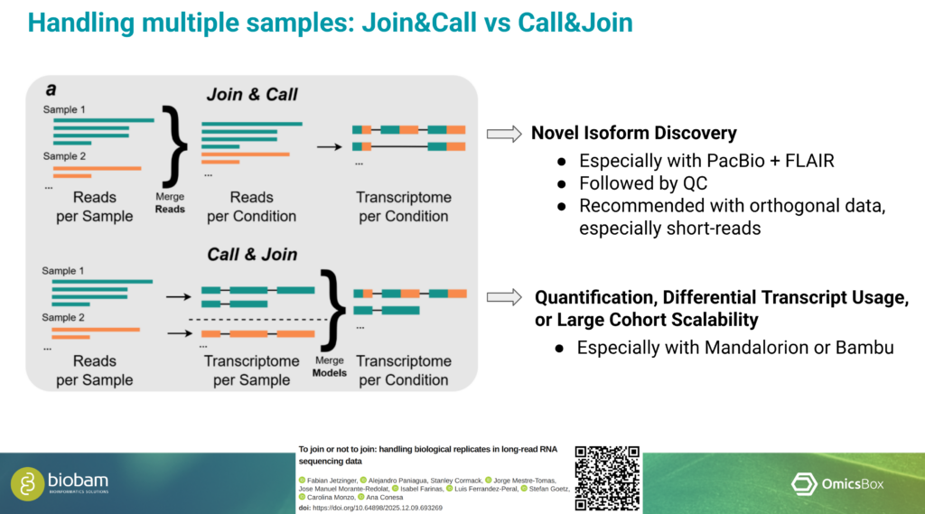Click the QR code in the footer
pyautogui.click(x=607, y=478)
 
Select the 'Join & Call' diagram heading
pyautogui.click(x=252, y=94)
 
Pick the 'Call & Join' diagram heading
pyautogui.click(x=252, y=254)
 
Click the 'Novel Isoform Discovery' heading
pyautogui.click(x=633, y=134)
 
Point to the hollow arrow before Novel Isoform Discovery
pyautogui.click(x=504, y=134)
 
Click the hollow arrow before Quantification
pyautogui.click(x=504, y=298)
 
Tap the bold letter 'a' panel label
pyautogui.click(x=51, y=89)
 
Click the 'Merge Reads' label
pyautogui.click(x=169, y=202)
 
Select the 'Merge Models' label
pyautogui.click(x=329, y=365)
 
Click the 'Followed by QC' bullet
pyautogui.click(x=643, y=183)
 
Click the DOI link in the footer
pyautogui.click(x=377, y=508)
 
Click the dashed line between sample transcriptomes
pyautogui.click(x=256, y=321)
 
